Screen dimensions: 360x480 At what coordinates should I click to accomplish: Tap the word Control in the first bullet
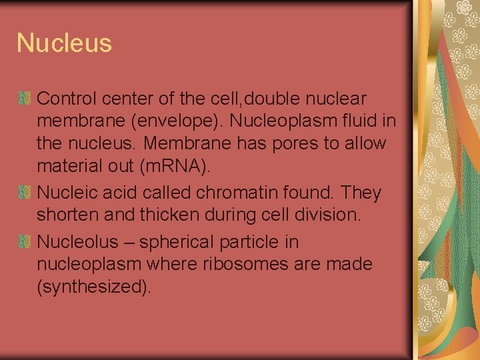(65, 99)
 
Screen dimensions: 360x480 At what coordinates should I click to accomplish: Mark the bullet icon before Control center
(24, 99)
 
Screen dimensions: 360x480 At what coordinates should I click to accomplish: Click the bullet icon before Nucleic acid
(24, 193)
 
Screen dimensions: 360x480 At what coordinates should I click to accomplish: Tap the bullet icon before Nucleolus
(24, 241)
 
